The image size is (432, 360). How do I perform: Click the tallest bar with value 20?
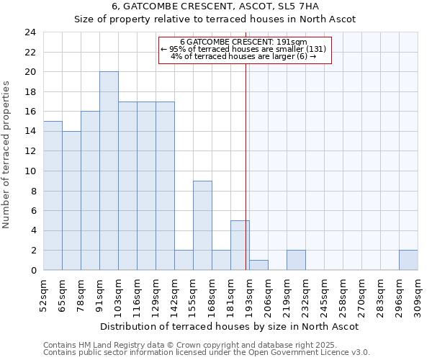click(x=109, y=171)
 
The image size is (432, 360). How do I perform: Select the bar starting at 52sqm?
click(x=53, y=196)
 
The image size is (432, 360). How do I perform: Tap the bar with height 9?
click(x=202, y=225)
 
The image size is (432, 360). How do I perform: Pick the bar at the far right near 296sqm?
click(x=408, y=260)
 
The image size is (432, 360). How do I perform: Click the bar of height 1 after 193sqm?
click(x=258, y=265)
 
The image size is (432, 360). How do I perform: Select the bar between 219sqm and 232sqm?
click(x=296, y=260)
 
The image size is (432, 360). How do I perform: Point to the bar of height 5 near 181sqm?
click(x=240, y=246)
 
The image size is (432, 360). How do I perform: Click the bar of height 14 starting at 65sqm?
click(x=71, y=201)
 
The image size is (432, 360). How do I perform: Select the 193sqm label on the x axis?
click(x=249, y=293)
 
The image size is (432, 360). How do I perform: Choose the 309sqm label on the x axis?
click(x=418, y=293)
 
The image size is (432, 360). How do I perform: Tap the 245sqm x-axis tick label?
click(x=324, y=293)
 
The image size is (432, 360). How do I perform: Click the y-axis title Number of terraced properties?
click(x=7, y=155)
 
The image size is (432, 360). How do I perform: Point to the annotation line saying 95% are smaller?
click(x=244, y=49)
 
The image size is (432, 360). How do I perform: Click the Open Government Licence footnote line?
click(x=207, y=353)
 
